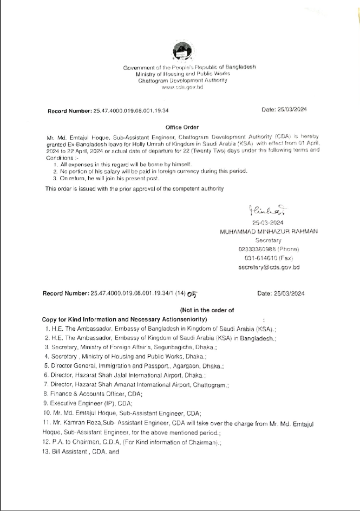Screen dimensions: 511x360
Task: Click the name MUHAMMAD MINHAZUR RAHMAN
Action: click(269, 231)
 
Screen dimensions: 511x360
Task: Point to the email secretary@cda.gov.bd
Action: click(269, 267)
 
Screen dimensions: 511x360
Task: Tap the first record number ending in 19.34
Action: click(108, 110)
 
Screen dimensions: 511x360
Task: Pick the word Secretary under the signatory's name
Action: click(269, 240)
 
